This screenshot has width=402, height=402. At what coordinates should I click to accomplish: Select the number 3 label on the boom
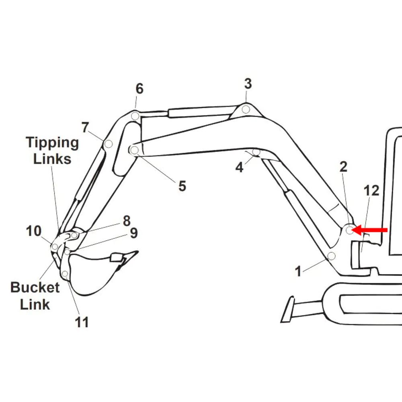(x=248, y=84)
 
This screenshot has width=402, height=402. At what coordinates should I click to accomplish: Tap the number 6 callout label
(x=139, y=89)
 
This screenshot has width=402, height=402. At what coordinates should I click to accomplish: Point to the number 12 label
(x=371, y=191)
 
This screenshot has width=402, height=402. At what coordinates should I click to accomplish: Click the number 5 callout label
(x=182, y=186)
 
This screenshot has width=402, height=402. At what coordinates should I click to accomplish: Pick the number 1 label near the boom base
(x=298, y=272)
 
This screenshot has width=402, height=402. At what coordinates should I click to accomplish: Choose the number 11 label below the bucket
(x=82, y=322)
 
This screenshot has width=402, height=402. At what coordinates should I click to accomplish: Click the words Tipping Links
(x=52, y=150)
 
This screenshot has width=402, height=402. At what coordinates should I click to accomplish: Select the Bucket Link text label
(x=35, y=296)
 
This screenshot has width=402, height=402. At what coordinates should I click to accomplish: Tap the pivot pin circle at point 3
(x=246, y=109)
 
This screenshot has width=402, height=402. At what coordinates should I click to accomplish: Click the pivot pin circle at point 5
(x=135, y=150)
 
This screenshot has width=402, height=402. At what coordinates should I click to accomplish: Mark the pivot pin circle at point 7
(x=108, y=144)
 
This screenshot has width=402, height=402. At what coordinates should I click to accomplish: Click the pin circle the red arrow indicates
(x=349, y=230)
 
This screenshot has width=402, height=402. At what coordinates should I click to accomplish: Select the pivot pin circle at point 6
(x=135, y=116)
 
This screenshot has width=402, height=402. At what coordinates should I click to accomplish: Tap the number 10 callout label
(x=34, y=231)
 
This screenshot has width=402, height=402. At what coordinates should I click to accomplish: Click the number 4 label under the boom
(x=239, y=168)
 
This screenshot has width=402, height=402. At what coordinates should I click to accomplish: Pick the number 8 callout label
(x=127, y=221)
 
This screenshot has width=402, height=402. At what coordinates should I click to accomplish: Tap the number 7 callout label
(x=85, y=127)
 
